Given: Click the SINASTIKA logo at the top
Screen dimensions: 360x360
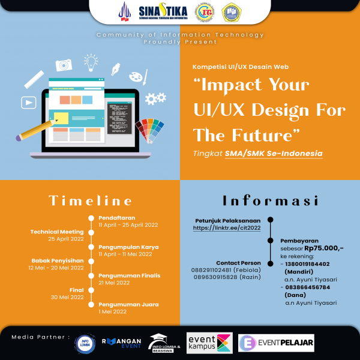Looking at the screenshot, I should click(162, 12).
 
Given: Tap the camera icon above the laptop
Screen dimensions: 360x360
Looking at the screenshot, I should click(64, 65).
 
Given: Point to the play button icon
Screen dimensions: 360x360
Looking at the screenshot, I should click(28, 103).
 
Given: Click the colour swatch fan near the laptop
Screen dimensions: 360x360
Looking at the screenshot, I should click(149, 129).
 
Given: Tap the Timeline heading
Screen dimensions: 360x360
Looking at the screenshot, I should click(90, 200).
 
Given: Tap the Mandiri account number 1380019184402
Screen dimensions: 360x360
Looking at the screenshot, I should click(308, 263).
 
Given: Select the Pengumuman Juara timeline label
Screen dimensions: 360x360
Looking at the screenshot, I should click(128, 304).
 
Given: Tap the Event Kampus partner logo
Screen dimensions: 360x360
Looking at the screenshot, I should click(209, 343).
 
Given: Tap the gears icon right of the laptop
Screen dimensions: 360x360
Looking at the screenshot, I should click(155, 98).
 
